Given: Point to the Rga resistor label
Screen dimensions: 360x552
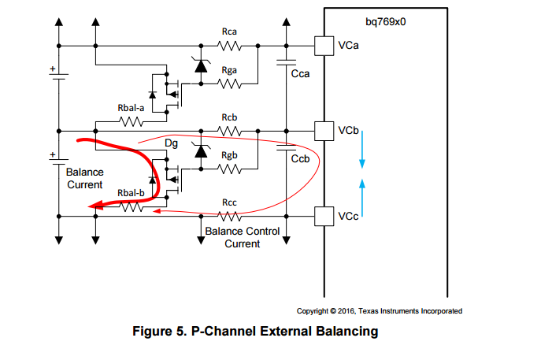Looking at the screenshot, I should [230, 70].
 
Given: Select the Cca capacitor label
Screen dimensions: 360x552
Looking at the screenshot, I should [300, 74].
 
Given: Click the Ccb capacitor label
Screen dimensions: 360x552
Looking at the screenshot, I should [300, 158].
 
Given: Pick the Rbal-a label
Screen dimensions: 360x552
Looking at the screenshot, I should [131, 108].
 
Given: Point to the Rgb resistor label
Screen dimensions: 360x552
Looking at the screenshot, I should [230, 154].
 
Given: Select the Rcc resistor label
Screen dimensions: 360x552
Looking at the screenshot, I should [230, 202].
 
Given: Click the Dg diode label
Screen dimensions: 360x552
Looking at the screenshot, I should [171, 144].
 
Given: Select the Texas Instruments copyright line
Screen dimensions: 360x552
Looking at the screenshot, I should [379, 311].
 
